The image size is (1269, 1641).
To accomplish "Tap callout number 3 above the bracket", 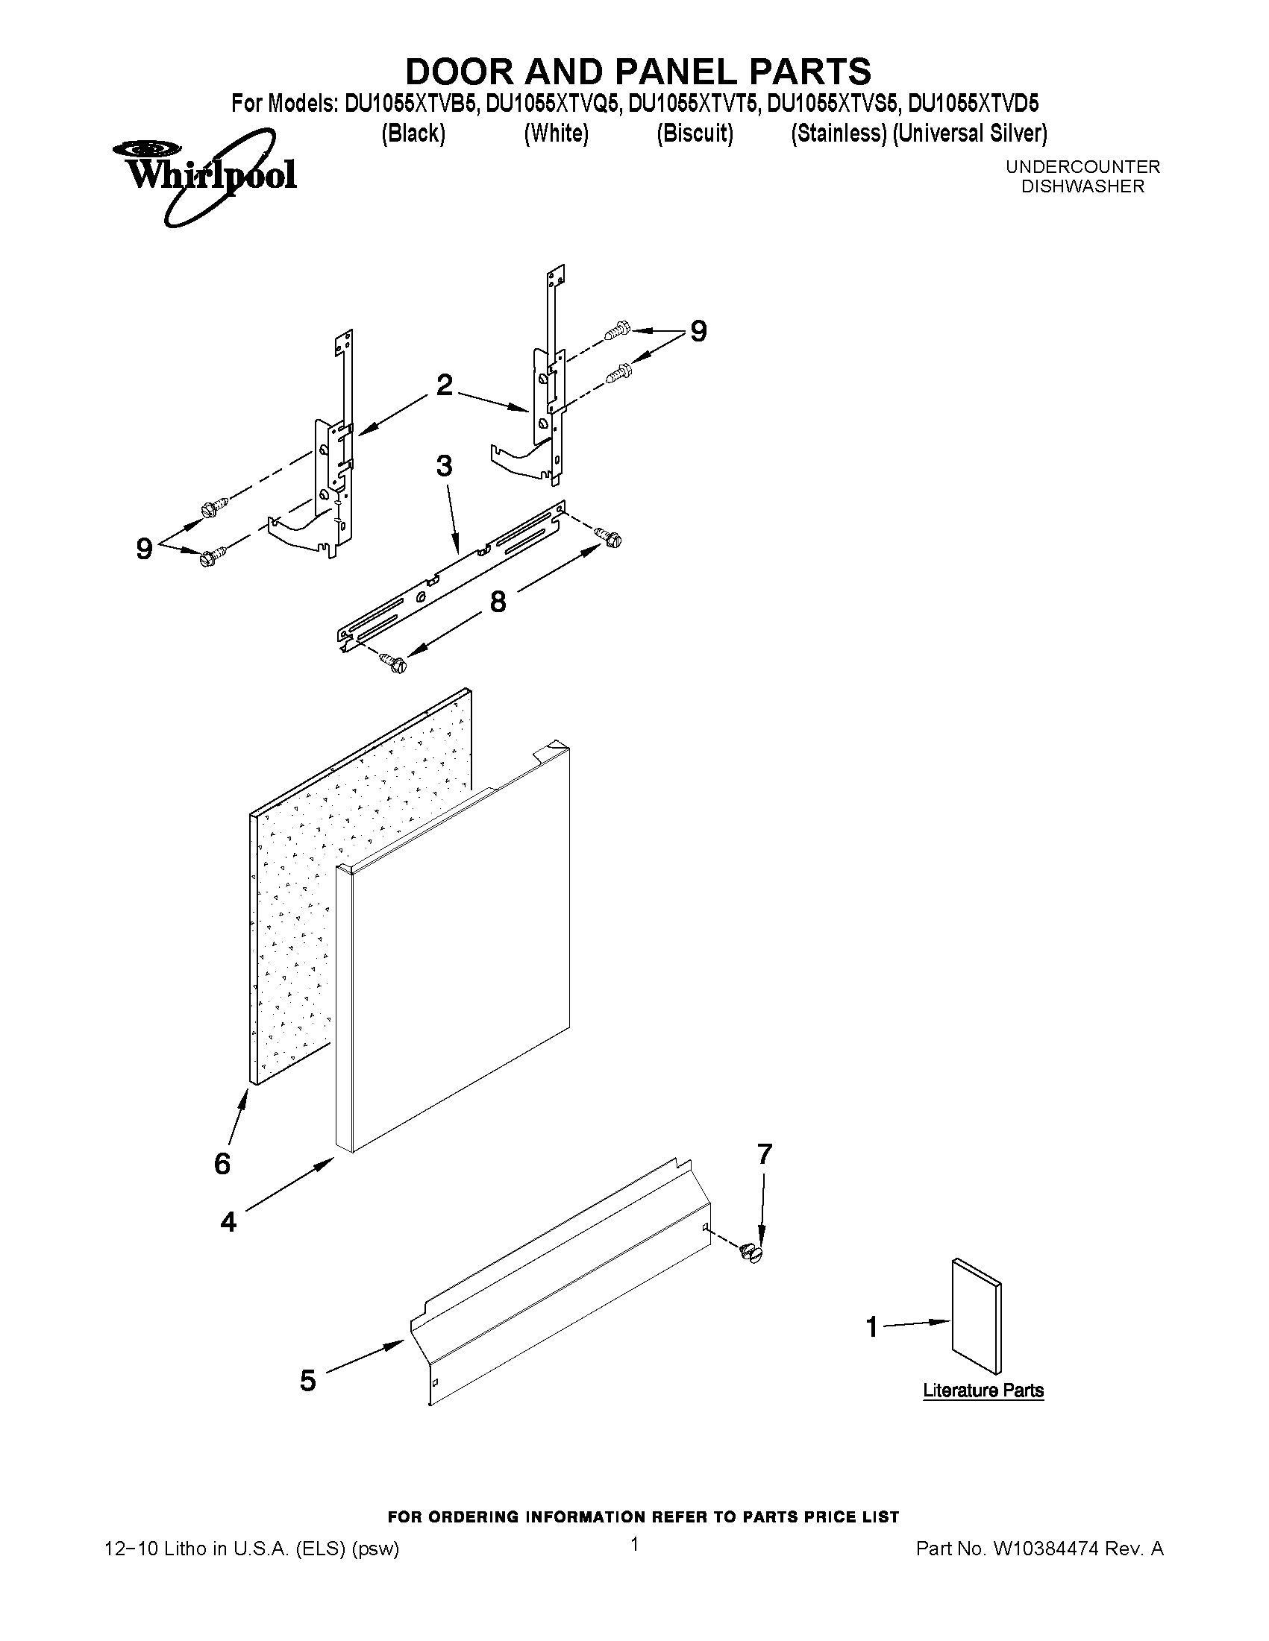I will (x=445, y=467).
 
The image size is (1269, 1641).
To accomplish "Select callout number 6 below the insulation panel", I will (x=222, y=1164).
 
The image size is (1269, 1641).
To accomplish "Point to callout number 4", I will (x=228, y=1223).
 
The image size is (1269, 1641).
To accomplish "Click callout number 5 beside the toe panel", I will (x=307, y=1380).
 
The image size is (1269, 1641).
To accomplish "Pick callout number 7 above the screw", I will (x=765, y=1154).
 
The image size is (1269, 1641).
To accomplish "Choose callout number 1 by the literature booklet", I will (x=872, y=1327).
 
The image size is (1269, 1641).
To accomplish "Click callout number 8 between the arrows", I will (x=498, y=601).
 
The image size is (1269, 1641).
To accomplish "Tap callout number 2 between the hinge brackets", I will (x=445, y=385).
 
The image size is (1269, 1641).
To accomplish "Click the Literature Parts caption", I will (x=983, y=1390).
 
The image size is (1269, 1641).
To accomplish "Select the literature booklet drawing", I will (x=977, y=1318).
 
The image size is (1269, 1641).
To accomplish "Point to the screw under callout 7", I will (x=751, y=1252).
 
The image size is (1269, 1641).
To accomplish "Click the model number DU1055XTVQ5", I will (x=554, y=103).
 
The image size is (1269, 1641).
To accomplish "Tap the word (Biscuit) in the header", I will (x=695, y=133).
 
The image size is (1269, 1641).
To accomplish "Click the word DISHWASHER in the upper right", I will (x=1082, y=186).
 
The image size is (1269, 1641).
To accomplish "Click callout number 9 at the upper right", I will (x=698, y=331).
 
